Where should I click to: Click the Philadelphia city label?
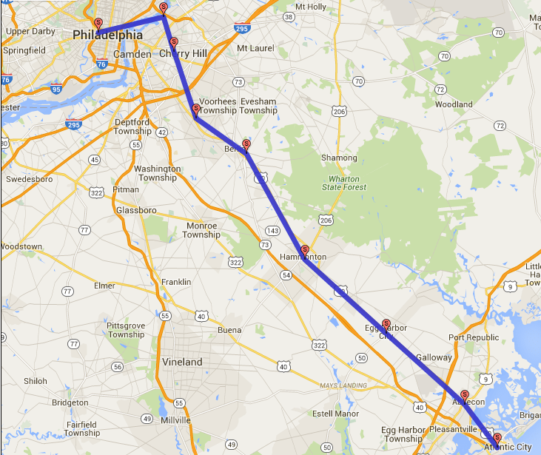tap(108, 35)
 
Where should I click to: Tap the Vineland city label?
tap(182, 362)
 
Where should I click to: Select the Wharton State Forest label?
tap(344, 183)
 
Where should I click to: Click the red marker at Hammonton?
tap(305, 251)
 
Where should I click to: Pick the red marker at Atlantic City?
tap(497, 438)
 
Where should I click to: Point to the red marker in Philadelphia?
tap(98, 23)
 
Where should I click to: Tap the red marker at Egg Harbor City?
tap(386, 324)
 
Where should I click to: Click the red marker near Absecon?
tap(465, 395)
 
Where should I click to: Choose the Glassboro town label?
tap(136, 210)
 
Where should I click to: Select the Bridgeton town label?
tap(70, 403)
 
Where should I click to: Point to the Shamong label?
tap(339, 158)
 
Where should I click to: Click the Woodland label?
tap(454, 104)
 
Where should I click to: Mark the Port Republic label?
tap(474, 337)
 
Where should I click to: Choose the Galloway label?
tap(434, 357)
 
